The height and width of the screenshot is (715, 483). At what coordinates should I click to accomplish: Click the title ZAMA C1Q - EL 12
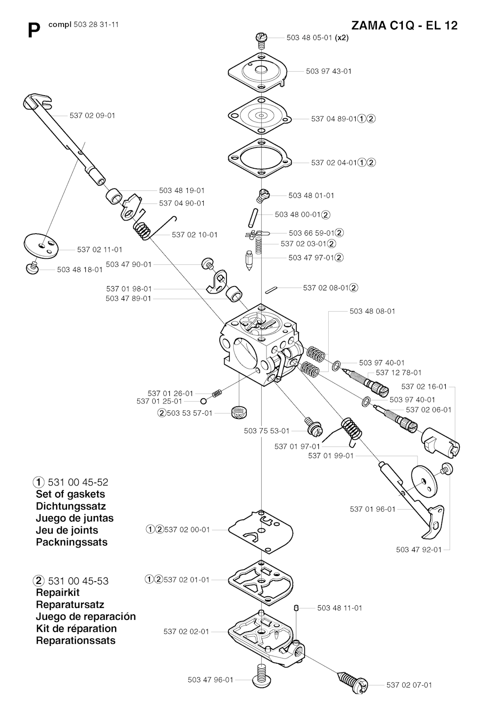coord(404,25)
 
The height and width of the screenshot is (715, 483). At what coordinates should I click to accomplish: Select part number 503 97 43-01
coord(329,71)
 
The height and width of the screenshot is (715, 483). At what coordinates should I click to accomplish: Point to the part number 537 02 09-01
coord(92,115)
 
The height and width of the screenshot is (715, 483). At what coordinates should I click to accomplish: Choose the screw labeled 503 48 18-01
coord(32,267)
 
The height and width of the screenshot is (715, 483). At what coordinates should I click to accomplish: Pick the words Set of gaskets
coord(70,494)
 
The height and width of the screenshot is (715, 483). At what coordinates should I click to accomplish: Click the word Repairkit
coord(58,592)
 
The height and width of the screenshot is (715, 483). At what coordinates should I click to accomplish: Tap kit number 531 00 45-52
coord(78,482)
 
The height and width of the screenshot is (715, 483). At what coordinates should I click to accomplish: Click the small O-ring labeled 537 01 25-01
coord(204,401)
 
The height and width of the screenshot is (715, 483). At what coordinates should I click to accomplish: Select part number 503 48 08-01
coord(373,311)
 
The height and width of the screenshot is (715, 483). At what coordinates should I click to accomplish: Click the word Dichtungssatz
coord(71,506)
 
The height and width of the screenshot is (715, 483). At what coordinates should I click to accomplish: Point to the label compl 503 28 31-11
coord(83,25)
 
